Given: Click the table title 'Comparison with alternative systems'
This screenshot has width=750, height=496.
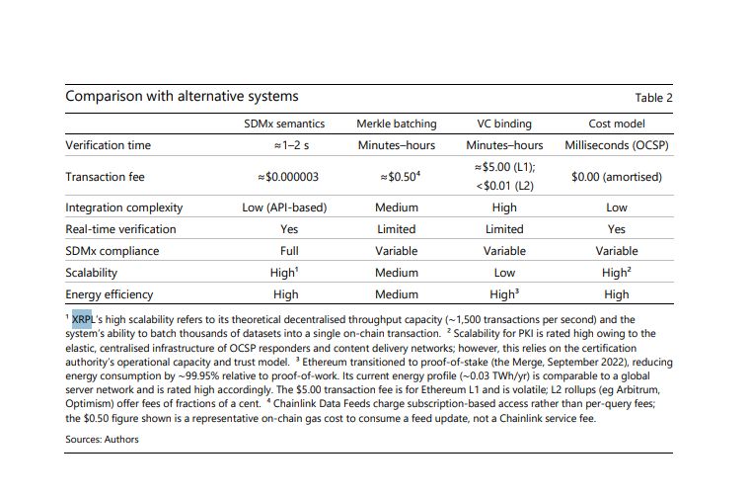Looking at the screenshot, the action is pyautogui.click(x=182, y=96).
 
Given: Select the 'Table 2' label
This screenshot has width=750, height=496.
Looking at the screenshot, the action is pyautogui.click(x=653, y=98).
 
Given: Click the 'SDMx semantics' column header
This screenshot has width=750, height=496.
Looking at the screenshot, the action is pyautogui.click(x=284, y=124).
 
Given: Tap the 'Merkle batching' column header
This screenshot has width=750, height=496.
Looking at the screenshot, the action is pyautogui.click(x=397, y=124).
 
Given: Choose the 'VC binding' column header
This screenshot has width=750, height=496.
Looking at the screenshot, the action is pyautogui.click(x=504, y=124).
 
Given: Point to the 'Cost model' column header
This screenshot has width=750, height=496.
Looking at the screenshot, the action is pyautogui.click(x=617, y=124).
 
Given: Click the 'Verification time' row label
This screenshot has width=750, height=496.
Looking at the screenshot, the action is pyautogui.click(x=109, y=145).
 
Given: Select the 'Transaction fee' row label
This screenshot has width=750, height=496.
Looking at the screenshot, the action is pyautogui.click(x=105, y=177).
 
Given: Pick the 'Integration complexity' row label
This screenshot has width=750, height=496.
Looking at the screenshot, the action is pyautogui.click(x=124, y=207).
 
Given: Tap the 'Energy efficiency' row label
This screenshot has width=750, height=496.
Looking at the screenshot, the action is pyautogui.click(x=110, y=294).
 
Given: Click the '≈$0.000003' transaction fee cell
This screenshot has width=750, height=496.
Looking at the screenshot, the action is pyautogui.click(x=288, y=177).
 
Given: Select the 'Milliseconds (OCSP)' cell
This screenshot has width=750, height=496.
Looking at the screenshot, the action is pyautogui.click(x=617, y=145).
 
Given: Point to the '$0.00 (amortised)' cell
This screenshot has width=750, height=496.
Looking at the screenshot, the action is pyautogui.click(x=617, y=177).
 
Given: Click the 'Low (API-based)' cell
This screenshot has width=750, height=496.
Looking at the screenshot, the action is pyautogui.click(x=284, y=207).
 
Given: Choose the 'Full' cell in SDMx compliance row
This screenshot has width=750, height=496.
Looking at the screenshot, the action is pyautogui.click(x=289, y=251).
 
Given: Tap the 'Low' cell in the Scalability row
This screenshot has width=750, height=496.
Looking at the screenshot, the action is pyautogui.click(x=504, y=273).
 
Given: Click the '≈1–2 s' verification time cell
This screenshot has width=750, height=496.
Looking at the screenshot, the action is pyautogui.click(x=291, y=145).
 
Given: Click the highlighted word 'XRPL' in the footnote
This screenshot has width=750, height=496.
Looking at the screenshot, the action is pyautogui.click(x=82, y=319).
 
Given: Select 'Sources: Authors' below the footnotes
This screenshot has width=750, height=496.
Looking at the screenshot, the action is pyautogui.click(x=102, y=439).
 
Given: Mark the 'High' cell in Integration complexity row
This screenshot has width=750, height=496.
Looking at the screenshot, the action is pyautogui.click(x=504, y=207).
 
